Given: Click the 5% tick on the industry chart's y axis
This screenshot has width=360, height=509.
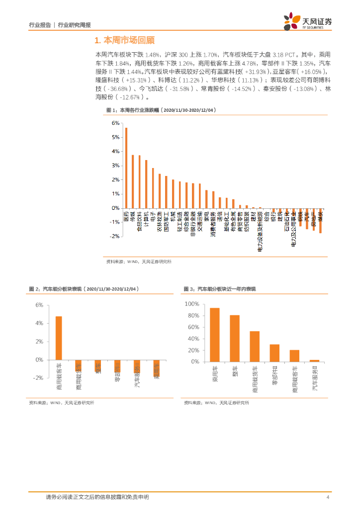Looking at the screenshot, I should (115, 137).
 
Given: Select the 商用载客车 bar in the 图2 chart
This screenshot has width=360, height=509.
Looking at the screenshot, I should (59, 338).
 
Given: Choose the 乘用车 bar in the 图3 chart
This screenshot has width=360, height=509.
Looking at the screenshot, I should (215, 335).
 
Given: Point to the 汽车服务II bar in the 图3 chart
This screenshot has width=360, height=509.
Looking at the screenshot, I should (314, 361).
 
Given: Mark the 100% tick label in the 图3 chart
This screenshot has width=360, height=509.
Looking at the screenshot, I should (191, 304).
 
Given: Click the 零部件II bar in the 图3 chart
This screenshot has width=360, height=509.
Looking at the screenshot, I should (274, 353).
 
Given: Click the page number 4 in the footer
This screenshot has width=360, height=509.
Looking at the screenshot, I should (328, 498).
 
